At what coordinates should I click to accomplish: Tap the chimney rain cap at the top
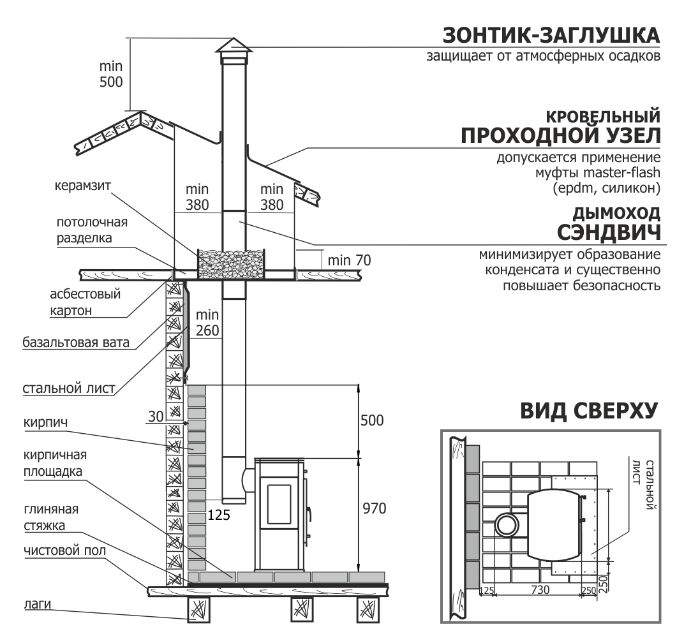[x=232, y=45]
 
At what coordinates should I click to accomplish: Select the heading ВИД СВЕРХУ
[x=588, y=411]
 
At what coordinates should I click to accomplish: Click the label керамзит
[x=83, y=184]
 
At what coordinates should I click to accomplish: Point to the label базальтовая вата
[x=76, y=343]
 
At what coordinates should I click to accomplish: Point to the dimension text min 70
[x=348, y=260]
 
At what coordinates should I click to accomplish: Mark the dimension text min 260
[x=207, y=323]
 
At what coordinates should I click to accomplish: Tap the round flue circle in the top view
[x=508, y=526]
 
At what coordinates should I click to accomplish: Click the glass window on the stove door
[x=278, y=504]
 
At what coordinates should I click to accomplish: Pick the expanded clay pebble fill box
[x=231, y=263]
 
